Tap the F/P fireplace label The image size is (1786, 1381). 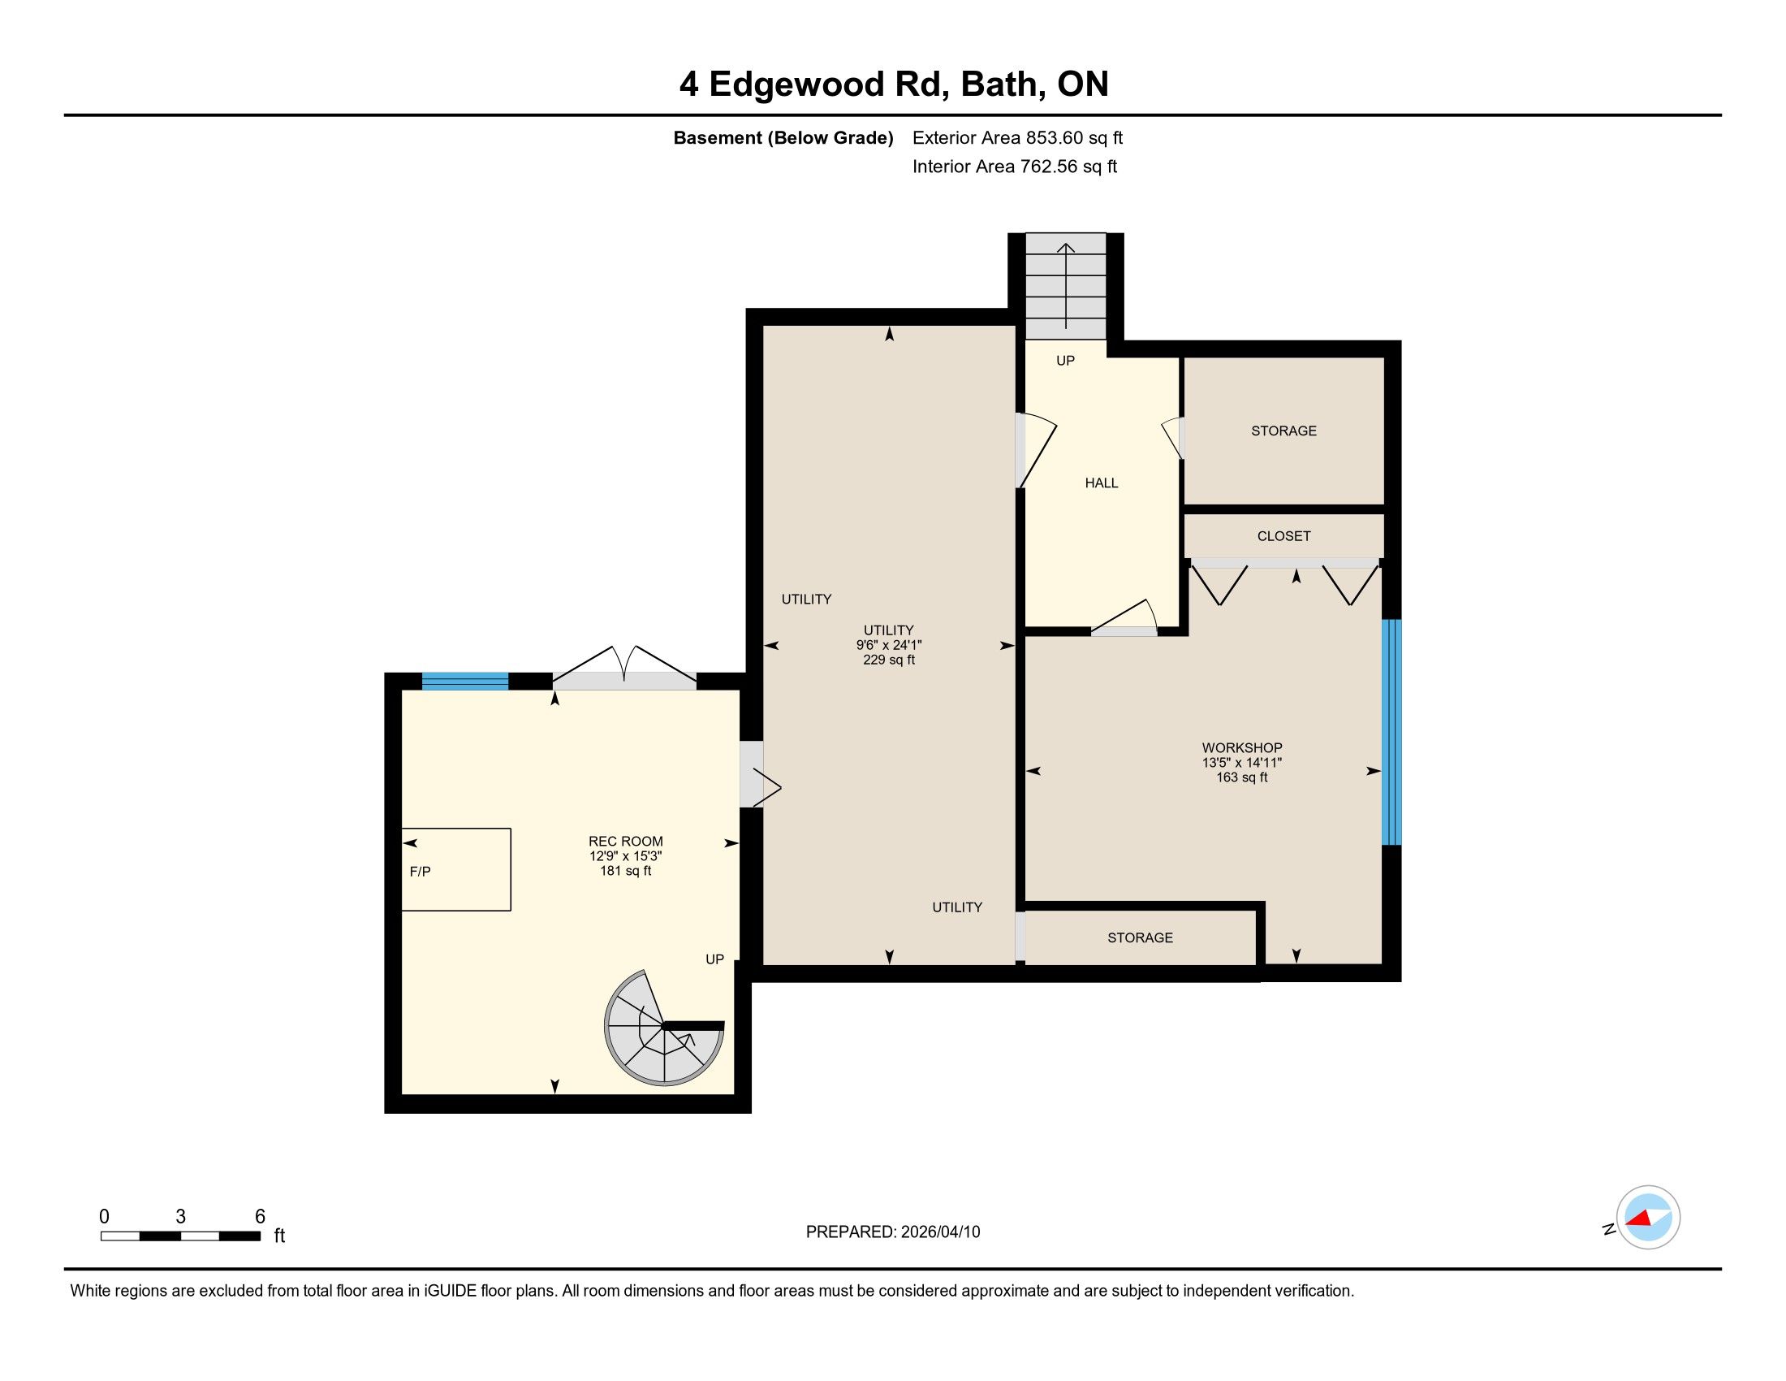[x=421, y=872]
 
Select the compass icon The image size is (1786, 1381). [x=1648, y=1218]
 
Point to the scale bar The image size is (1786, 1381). [x=181, y=1236]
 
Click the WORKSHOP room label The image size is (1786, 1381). [x=1241, y=747]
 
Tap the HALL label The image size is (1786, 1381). [x=1102, y=483]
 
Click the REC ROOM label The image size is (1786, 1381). [x=626, y=842]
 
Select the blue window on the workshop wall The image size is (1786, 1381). [x=1391, y=732]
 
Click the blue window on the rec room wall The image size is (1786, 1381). [x=465, y=682]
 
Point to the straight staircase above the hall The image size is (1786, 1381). [x=1066, y=286]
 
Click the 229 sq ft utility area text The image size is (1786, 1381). [x=889, y=660]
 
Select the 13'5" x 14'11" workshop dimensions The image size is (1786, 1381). [x=1241, y=763]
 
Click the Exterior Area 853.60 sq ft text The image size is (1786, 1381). [x=1017, y=138]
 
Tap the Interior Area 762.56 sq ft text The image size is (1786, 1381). [x=1014, y=167]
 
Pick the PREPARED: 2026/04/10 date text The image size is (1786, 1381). [x=893, y=1232]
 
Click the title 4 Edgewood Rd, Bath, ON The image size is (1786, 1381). [x=894, y=84]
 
